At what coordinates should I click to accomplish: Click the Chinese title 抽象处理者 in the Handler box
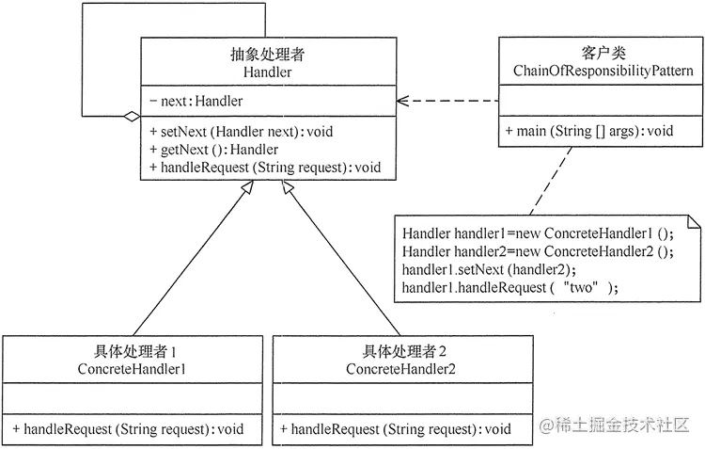coord(267,55)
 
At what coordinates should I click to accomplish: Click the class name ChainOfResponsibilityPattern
coord(603,71)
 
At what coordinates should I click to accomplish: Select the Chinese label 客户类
coord(603,54)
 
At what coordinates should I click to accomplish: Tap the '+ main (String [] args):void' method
coord(588,130)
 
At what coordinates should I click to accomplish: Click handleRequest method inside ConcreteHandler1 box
coord(129,428)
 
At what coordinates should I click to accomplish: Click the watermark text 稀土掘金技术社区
coord(624,427)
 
